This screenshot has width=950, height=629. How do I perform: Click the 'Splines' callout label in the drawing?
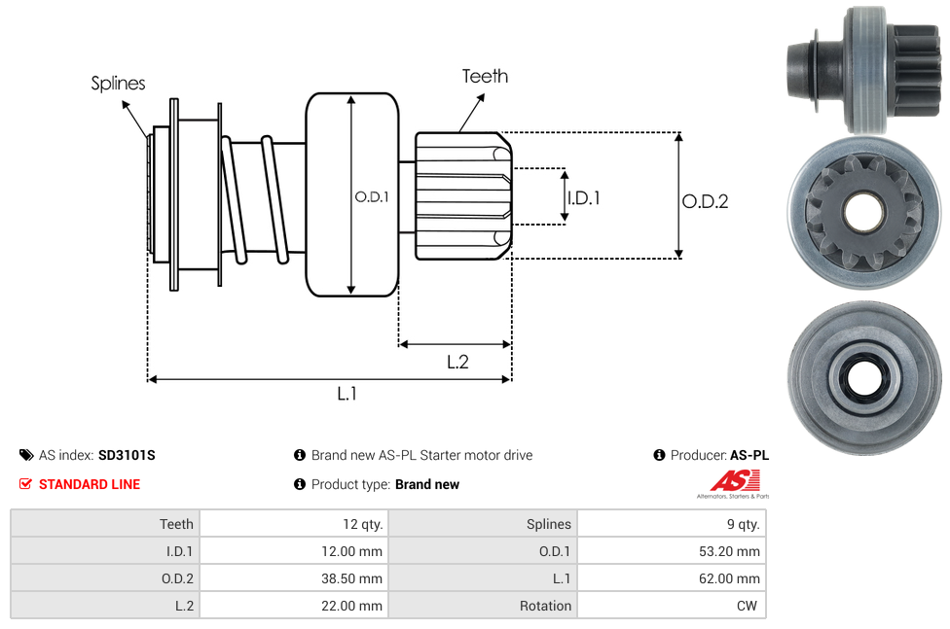118,84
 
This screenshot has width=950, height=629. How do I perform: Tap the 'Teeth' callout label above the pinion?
485,76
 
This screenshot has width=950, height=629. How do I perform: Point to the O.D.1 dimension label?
372,196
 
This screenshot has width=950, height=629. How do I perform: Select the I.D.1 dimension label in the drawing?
583,197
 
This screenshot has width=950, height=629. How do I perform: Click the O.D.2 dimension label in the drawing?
705,202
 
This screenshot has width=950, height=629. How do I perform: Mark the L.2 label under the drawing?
457,362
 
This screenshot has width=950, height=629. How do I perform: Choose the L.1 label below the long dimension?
347,394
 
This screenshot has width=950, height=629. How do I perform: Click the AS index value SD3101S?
127,455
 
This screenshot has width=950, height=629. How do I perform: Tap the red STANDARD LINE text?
89,484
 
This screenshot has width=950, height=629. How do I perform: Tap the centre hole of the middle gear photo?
863,211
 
